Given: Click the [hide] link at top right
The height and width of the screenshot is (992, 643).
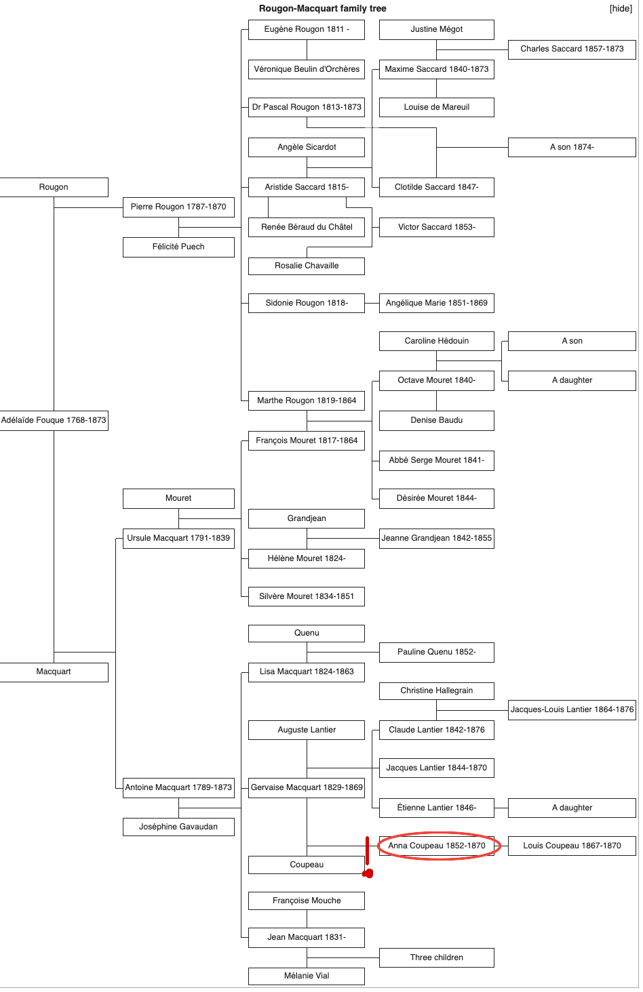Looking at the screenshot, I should (x=621, y=9).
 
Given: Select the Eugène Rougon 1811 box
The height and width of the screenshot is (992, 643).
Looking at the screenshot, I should (x=307, y=30).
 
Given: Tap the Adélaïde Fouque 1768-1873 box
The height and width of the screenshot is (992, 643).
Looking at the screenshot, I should (x=54, y=420).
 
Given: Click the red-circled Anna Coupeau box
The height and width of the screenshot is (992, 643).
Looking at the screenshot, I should (x=437, y=846).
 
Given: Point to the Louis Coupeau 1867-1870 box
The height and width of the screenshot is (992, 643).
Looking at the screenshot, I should (x=572, y=846).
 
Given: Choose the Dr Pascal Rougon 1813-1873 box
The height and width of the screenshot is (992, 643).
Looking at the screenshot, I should (x=307, y=107).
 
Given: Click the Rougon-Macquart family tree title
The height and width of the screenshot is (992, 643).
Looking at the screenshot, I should (x=322, y=9).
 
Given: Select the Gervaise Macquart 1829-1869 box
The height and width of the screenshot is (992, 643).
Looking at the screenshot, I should (x=307, y=787).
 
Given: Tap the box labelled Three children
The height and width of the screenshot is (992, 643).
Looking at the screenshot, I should (x=437, y=957).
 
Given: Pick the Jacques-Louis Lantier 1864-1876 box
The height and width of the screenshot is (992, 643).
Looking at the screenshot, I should (x=572, y=709).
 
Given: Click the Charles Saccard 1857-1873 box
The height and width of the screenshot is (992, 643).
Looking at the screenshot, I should (x=572, y=49).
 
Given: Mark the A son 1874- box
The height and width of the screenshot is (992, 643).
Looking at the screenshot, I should (x=572, y=147).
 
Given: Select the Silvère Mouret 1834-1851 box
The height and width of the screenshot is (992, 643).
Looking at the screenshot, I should (x=307, y=596).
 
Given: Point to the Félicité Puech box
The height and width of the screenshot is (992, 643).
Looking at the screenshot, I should (x=178, y=247).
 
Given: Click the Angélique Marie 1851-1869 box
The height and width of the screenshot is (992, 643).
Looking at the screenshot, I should (x=437, y=303).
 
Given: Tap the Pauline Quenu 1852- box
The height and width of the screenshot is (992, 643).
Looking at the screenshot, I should (x=437, y=652).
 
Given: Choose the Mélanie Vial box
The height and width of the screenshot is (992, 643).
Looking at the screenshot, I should (x=307, y=976).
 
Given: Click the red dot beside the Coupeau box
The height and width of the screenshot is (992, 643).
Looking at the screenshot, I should (x=368, y=873).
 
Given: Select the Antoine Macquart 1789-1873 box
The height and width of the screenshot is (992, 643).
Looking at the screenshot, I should (x=178, y=787).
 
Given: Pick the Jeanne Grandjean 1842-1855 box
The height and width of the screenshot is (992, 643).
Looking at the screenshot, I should (x=437, y=538).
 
